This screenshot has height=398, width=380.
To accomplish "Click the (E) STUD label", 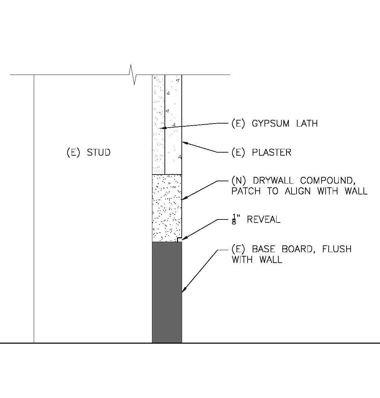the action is pyautogui.click(x=88, y=152).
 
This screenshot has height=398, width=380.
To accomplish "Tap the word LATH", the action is pyautogui.click(x=307, y=124).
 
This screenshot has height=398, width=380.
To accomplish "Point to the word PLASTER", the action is pyautogui.click(x=272, y=152).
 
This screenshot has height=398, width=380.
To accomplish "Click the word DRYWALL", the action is pyautogui.click(x=273, y=181).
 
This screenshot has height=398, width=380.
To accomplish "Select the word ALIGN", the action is pyautogui.click(x=297, y=191).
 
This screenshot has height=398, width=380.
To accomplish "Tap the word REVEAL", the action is pyautogui.click(x=263, y=219).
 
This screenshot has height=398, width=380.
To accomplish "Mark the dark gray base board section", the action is pyautogui.click(x=167, y=292).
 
